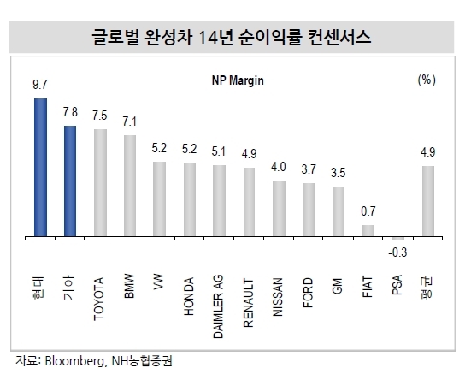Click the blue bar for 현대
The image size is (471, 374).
point(40,167)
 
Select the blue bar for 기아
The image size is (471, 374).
point(70,181)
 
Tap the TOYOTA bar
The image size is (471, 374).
point(100,183)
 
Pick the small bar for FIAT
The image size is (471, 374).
point(368,230)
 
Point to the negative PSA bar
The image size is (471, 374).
point(397,239)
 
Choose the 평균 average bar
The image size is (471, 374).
point(428,201)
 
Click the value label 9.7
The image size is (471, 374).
point(40,85)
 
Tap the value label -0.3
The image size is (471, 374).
point(397,252)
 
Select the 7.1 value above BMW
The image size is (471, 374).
point(129,122)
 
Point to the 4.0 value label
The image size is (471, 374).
point(279,167)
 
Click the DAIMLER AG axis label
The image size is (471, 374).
point(218,306)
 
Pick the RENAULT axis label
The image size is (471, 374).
point(249,303)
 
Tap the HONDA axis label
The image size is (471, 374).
point(189,296)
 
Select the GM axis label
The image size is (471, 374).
point(338,286)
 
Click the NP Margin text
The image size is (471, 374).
point(238,80)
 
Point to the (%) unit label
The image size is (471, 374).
point(427,80)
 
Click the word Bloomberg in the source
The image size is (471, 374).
point(74,361)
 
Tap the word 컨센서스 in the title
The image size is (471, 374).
point(339,38)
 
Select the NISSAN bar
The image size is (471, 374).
point(279,208)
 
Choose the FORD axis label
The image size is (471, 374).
point(308,293)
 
